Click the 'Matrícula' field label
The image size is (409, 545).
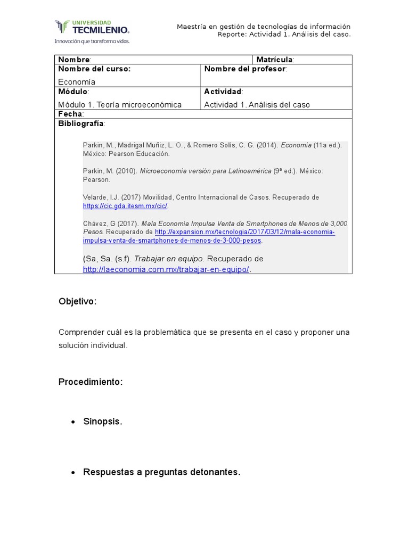(x=274, y=60)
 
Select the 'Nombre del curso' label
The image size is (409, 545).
(x=94, y=69)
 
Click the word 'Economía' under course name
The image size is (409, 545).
(x=77, y=82)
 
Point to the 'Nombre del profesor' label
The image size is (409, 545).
(x=245, y=69)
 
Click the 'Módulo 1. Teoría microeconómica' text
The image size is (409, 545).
(x=120, y=105)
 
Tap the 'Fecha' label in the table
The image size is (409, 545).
(x=70, y=114)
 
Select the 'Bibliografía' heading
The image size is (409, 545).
(x=81, y=123)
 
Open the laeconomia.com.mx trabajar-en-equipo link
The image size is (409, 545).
(x=166, y=269)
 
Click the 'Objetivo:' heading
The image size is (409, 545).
(x=78, y=302)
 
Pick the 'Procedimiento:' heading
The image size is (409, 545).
(x=91, y=382)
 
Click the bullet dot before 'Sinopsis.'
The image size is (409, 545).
(x=73, y=422)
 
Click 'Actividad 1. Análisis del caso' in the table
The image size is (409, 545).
(x=257, y=105)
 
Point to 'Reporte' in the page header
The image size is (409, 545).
(x=233, y=35)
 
